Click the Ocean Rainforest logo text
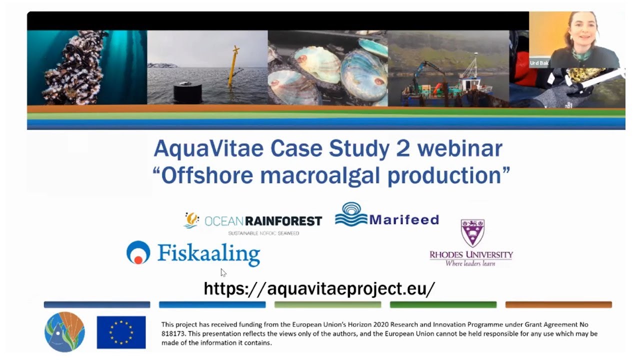click(263, 220)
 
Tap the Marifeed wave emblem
click(351, 214)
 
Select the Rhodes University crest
click(472, 233)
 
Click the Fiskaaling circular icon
click(138, 252)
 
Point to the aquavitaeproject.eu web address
click(319, 288)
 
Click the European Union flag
click(121, 332)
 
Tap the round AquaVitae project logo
click(64, 332)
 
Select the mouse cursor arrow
click(223, 272)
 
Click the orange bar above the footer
click(558, 304)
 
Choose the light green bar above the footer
click(327, 304)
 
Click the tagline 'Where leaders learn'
click(470, 263)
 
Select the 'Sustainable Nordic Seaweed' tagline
click(263, 233)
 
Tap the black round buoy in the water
click(188, 91)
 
